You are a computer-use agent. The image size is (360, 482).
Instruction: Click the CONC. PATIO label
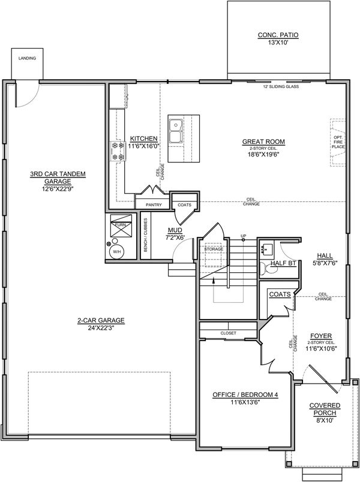(x=278, y=35)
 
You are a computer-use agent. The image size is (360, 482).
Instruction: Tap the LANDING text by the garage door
(x=27, y=58)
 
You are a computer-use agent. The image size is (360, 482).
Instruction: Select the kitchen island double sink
(x=176, y=131)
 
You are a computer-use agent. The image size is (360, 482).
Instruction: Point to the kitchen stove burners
(x=118, y=150)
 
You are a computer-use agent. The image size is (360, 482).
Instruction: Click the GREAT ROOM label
(x=263, y=141)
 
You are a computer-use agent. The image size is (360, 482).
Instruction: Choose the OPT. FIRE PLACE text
(x=338, y=142)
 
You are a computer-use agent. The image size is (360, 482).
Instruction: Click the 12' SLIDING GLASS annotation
(x=281, y=87)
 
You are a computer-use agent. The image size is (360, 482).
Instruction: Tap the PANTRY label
(x=154, y=204)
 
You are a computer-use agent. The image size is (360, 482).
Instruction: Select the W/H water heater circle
(x=117, y=251)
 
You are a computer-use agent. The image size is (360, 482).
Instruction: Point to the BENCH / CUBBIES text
(x=146, y=235)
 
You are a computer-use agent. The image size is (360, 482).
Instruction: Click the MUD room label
(x=175, y=230)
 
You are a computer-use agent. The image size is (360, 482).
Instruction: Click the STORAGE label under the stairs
(x=214, y=249)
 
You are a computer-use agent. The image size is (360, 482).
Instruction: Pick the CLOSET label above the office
(x=229, y=333)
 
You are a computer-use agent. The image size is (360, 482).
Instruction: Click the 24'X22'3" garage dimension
(x=101, y=328)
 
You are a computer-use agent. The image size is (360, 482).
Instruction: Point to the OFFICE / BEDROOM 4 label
(x=245, y=394)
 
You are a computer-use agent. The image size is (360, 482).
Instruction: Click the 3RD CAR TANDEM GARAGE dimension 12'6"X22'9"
(x=58, y=188)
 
